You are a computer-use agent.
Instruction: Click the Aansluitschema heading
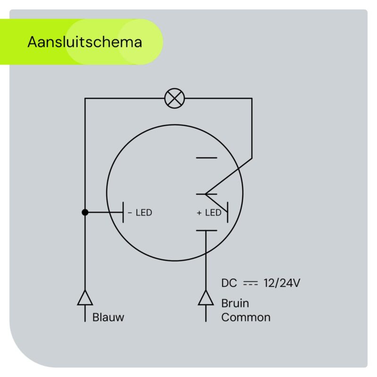85,42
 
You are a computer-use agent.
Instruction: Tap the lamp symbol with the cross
174,98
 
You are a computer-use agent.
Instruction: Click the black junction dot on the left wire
85,213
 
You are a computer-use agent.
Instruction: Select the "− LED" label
139,213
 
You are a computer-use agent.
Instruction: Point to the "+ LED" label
209,213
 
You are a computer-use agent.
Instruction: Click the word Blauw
108,317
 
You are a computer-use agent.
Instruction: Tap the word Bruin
235,303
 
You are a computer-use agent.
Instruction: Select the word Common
246,317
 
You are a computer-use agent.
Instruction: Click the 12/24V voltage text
282,283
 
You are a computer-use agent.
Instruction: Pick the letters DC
229,283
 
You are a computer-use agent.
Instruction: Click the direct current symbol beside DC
250,283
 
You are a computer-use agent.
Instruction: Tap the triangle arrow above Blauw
85,298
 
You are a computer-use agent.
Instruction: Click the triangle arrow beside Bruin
206,298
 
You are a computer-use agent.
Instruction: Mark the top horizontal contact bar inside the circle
206,158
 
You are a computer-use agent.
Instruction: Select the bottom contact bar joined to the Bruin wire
206,230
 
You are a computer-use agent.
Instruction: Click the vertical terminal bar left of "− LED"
123,213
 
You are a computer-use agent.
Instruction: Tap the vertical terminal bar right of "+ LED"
228,213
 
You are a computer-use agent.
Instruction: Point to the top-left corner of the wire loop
85,98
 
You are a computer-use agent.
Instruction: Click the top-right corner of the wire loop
252,98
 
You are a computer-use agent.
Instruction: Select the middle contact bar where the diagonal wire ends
206,194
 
